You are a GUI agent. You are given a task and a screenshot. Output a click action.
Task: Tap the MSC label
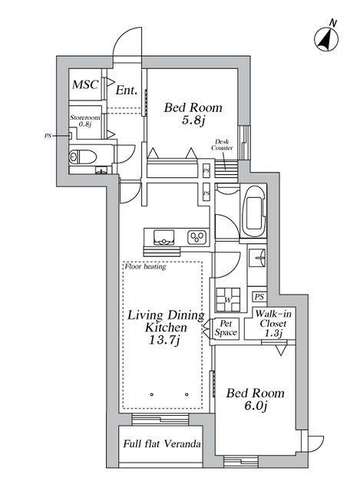(85, 84)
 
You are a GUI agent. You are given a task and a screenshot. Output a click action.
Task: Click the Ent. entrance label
(126, 91)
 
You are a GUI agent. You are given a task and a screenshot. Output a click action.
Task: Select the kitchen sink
(164, 236)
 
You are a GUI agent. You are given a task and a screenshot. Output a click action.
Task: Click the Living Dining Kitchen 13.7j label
(165, 327)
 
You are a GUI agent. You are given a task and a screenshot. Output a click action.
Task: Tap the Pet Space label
(226, 328)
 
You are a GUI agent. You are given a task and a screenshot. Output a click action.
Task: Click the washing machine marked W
(228, 296)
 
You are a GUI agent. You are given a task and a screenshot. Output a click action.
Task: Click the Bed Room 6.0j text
(255, 399)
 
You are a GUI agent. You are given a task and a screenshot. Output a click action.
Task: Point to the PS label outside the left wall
(48, 136)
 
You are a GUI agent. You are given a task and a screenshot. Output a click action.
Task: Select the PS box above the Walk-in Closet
(260, 297)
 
